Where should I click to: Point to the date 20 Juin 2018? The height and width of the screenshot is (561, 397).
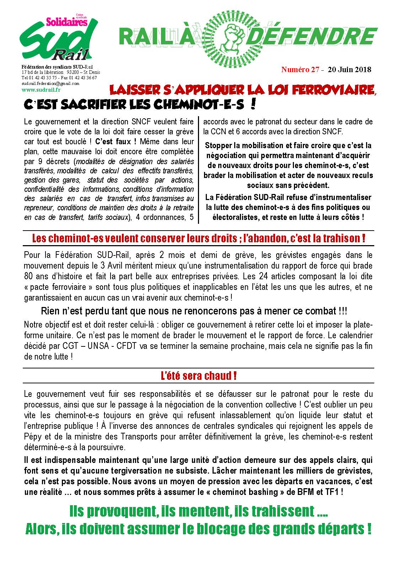pos(349,70)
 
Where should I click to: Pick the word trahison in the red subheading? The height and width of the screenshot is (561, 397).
pos(341,238)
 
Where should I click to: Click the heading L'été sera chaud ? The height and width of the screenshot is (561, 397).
pos(198,376)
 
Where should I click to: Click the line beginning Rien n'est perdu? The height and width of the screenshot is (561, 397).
pos(194,311)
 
